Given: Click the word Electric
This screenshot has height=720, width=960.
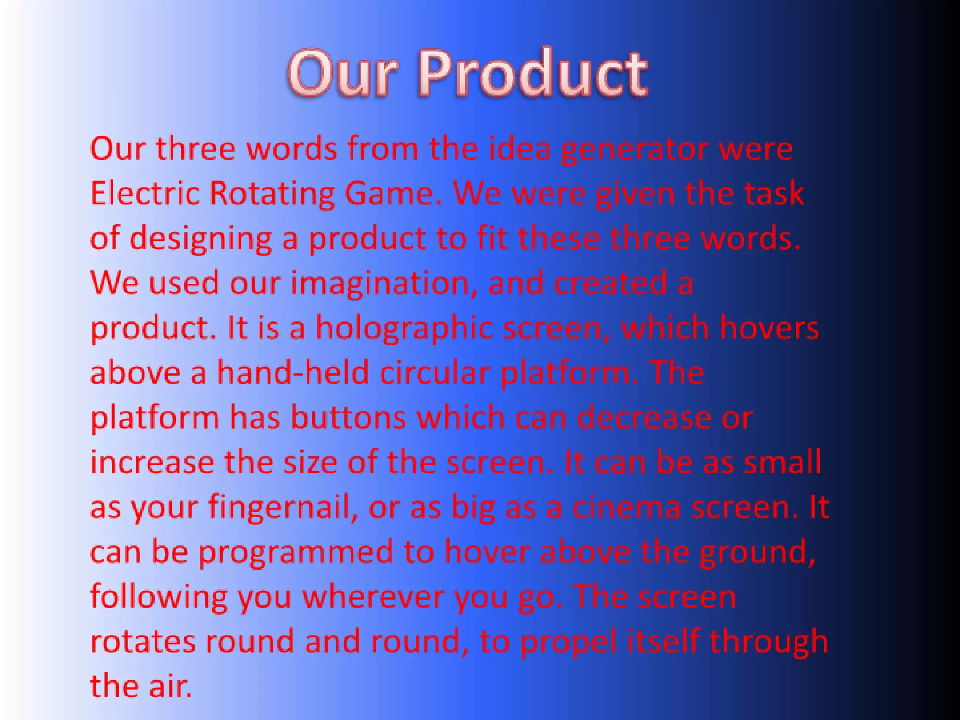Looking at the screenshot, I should point(144,193).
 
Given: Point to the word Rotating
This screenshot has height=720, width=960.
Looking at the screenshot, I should point(272,194).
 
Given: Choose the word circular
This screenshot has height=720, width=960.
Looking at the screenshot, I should point(435,373).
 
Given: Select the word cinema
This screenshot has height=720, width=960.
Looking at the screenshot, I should point(626,507).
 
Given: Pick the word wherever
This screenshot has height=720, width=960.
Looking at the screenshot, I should point(373,597).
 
